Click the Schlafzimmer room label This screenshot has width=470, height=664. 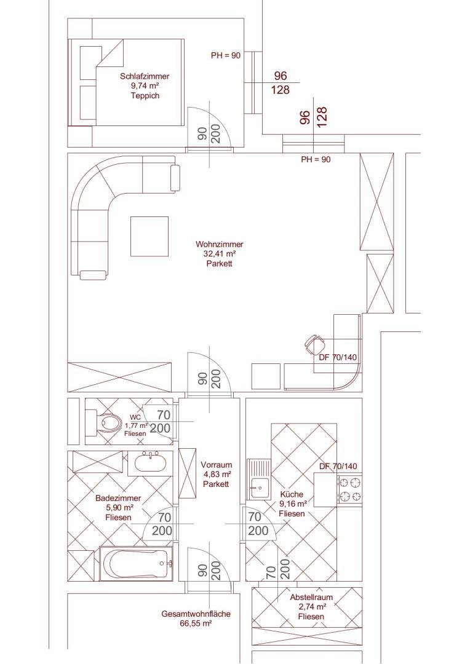(145, 77)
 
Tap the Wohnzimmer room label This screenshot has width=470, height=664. (220, 244)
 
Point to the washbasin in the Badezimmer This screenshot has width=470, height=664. (150, 463)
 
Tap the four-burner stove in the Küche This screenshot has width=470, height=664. (350, 489)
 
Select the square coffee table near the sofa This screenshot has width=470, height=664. (149, 236)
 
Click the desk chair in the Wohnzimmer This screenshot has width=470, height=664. (314, 344)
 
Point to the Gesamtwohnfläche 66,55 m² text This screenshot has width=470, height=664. (196, 619)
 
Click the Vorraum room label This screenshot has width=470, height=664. (216, 465)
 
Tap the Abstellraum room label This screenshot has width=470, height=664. (311, 598)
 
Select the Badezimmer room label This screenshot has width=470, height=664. (118, 499)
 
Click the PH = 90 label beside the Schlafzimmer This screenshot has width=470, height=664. (226, 55)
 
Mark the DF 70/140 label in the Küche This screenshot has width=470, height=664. (338, 466)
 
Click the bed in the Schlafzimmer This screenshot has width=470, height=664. (126, 82)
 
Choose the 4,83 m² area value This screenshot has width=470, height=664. (216, 474)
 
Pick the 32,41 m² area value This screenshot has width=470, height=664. (220, 254)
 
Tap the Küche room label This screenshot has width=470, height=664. (292, 494)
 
